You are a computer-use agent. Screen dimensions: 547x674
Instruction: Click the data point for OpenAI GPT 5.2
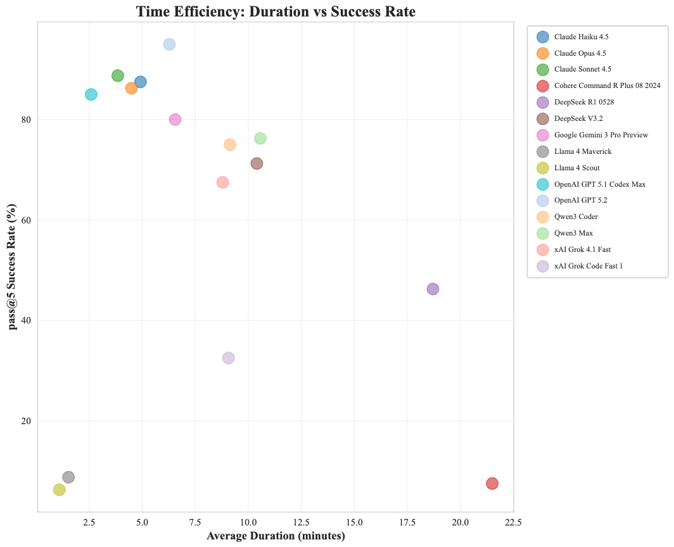pos(169,44)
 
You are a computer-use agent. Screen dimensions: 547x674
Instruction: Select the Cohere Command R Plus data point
pos(492,484)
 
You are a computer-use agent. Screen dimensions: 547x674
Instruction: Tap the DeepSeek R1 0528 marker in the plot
pos(433,289)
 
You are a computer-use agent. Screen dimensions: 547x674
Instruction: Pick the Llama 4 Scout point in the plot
pos(59,489)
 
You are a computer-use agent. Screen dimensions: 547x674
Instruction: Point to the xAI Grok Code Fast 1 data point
pos(229,358)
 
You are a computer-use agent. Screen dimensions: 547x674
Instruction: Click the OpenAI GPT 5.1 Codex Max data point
pos(91,94)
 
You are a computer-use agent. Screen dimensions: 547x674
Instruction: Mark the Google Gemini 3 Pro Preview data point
pos(175,120)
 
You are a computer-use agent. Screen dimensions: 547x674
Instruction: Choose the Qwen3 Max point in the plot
pos(260,138)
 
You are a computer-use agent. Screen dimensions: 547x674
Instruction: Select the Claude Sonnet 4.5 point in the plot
pos(117,76)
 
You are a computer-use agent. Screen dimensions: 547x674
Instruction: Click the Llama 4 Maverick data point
pos(68,477)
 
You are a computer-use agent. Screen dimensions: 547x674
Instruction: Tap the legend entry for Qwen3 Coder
pos(576,217)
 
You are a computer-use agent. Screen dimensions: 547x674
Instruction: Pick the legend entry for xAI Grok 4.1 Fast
pos(582,249)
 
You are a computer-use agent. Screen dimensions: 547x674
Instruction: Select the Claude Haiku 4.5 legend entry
pos(581,37)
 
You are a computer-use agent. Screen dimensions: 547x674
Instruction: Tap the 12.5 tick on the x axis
pos(302,522)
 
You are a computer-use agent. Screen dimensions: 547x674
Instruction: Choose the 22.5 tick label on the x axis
pos(513,522)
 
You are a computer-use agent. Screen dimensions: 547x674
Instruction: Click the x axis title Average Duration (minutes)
pos(276,536)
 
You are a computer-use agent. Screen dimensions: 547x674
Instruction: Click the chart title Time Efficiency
pos(276,11)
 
